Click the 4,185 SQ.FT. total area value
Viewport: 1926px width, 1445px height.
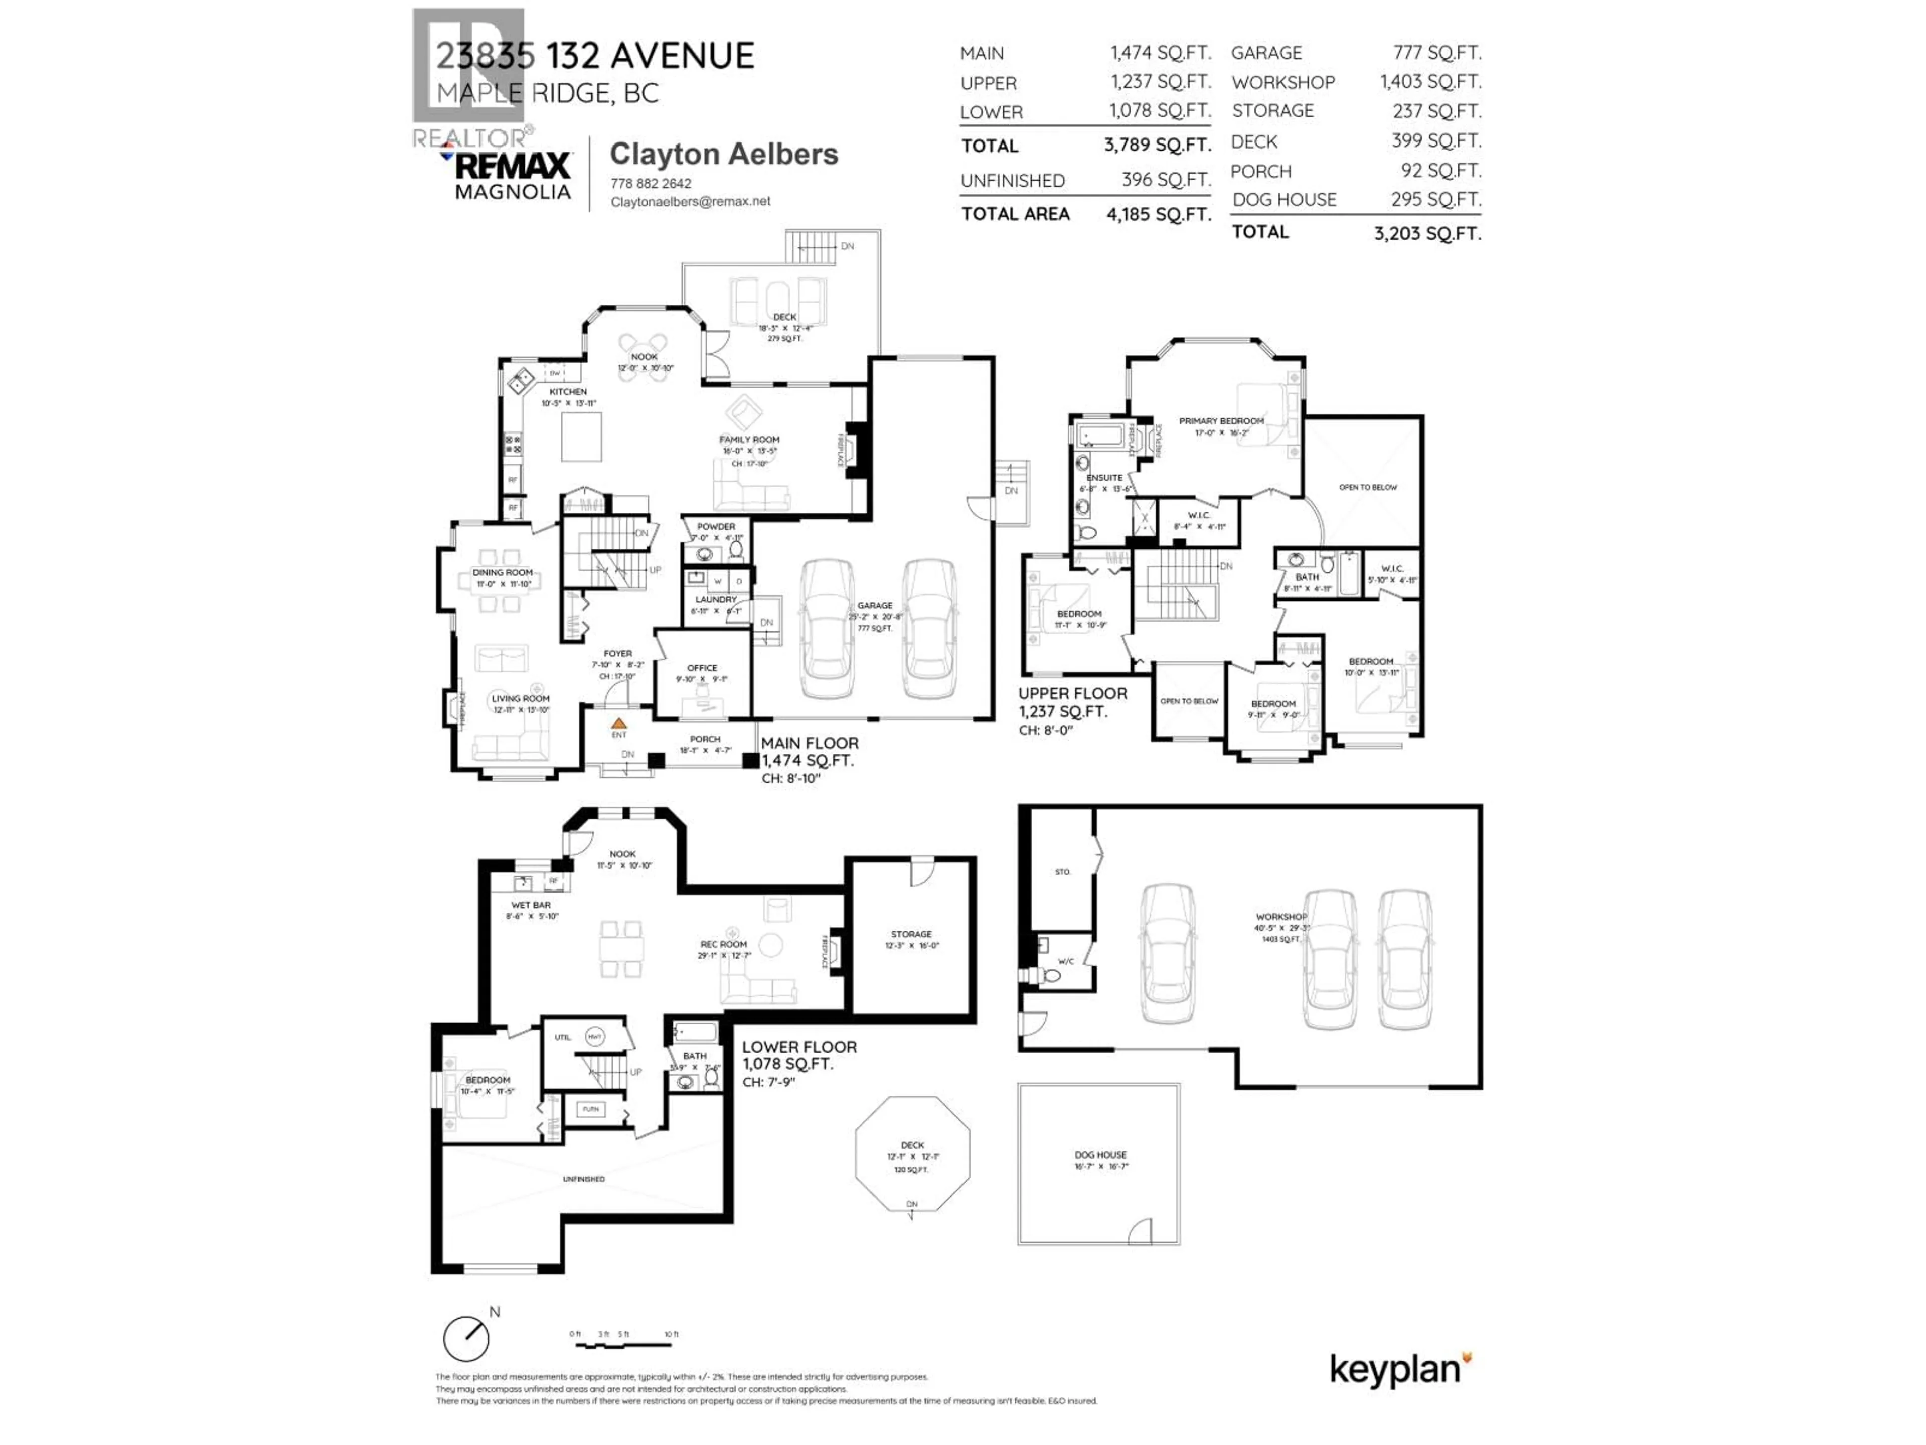tap(1158, 214)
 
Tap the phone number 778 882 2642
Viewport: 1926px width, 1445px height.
tap(651, 183)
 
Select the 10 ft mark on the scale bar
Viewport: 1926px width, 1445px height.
tap(671, 1334)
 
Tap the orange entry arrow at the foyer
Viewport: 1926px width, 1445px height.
tap(618, 723)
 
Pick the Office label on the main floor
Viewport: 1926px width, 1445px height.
tap(702, 668)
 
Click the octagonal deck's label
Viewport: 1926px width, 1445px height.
tap(912, 1145)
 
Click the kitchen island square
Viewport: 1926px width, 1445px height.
tap(581, 437)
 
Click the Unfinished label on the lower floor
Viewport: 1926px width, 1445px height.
tap(583, 1179)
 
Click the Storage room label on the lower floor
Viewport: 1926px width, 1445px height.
tap(911, 934)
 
